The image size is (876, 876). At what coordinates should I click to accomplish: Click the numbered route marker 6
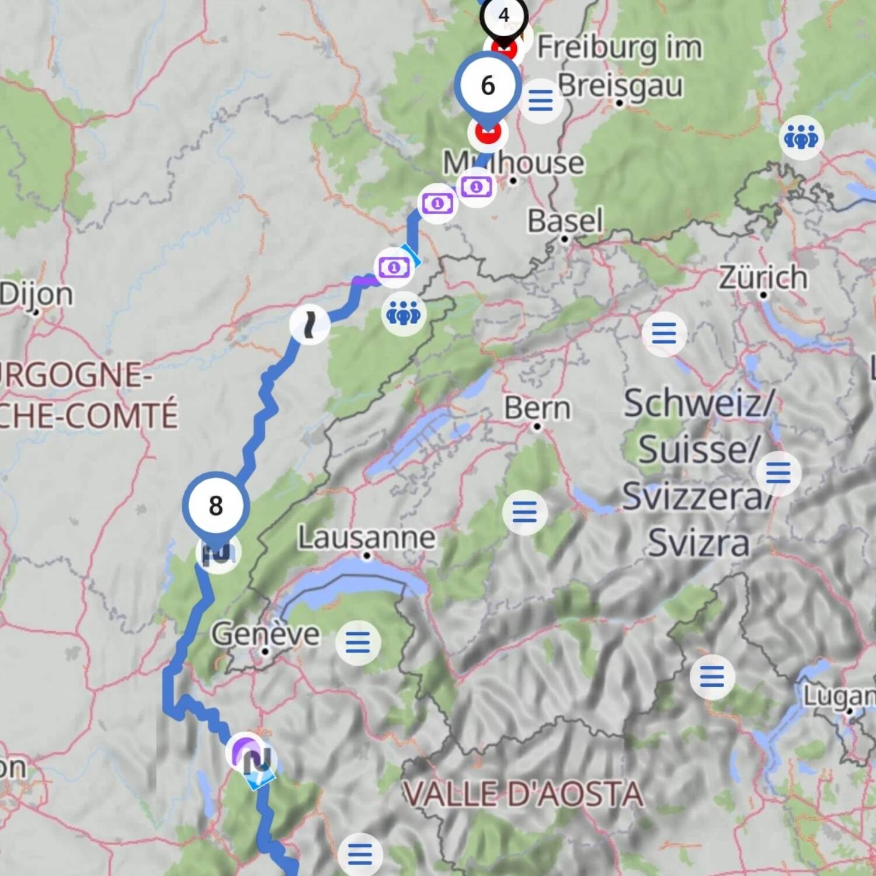[488, 85]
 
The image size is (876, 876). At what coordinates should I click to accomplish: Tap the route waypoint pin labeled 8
[216, 506]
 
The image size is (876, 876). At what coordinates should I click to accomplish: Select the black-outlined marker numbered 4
[503, 15]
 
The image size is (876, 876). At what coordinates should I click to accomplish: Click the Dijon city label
[36, 294]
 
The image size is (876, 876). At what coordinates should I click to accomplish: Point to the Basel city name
[565, 221]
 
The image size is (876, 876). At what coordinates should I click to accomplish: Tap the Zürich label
[763, 277]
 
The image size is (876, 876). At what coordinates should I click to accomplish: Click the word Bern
[537, 408]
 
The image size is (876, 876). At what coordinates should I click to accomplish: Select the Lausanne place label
[367, 537]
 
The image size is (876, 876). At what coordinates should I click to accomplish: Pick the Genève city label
[266, 634]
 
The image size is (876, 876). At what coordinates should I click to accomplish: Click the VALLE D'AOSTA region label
[523, 794]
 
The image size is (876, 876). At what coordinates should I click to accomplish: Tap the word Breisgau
[620, 85]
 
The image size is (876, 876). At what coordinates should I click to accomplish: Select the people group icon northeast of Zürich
[801, 138]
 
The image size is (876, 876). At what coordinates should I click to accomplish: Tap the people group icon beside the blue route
[404, 314]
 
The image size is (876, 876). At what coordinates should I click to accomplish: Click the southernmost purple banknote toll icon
[394, 267]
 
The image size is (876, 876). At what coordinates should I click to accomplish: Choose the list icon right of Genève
[358, 642]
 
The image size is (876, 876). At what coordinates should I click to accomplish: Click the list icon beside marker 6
[540, 100]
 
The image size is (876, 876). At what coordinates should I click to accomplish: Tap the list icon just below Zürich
[664, 334]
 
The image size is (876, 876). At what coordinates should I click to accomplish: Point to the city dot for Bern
[537, 427]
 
